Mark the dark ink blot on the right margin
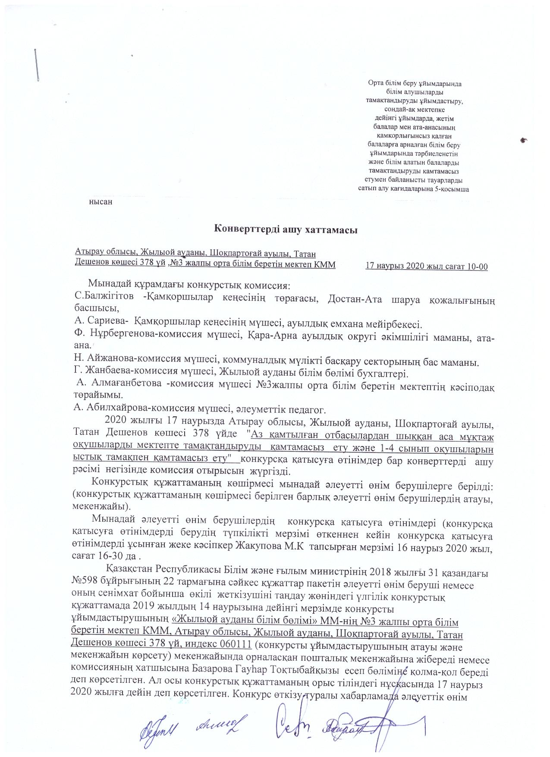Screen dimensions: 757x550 coord(524,140)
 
